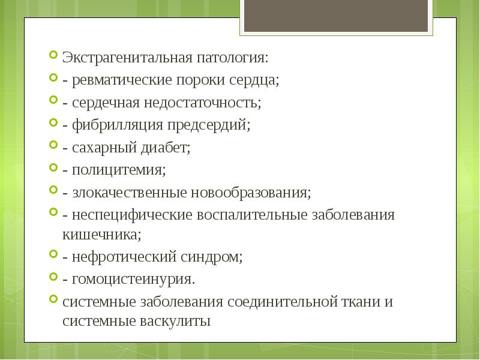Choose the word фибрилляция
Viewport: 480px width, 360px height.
point(115,125)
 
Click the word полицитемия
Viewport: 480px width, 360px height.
point(119,170)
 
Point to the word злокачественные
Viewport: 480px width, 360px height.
point(129,193)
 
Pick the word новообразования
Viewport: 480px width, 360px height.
point(251,193)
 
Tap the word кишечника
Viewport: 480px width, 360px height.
point(101,234)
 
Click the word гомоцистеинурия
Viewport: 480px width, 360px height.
point(133,279)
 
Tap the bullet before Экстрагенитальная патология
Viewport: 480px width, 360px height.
point(53,58)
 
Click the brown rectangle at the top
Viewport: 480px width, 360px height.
point(335,16)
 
